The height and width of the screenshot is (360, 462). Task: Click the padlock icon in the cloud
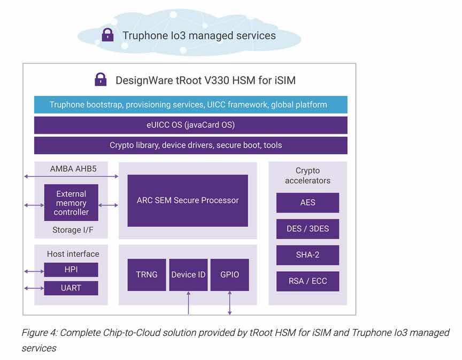point(107,35)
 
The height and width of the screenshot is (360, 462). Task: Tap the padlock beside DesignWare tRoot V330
point(101,79)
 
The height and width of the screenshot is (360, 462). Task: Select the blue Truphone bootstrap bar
point(191,105)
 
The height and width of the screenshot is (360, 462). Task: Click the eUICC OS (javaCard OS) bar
point(191,125)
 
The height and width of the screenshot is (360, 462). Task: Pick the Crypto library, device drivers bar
point(191,145)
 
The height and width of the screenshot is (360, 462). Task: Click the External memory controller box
point(71,203)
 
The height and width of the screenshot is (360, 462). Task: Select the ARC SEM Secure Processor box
point(188,201)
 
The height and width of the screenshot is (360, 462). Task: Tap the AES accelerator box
point(307,203)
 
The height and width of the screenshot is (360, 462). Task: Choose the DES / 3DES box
point(307,229)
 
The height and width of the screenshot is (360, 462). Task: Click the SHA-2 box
point(307,255)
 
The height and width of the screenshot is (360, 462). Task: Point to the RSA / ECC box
point(307,281)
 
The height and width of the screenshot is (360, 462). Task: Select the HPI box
point(71,270)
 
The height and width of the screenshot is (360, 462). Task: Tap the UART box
point(71,288)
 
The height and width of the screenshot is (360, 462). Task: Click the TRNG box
point(147,275)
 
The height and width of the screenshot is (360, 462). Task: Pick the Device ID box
point(188,275)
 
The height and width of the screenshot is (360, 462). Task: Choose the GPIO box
point(229,275)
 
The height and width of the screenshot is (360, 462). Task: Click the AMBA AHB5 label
point(73,168)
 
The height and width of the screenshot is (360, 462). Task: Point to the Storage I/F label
point(73,230)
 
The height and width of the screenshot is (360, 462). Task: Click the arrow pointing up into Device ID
point(188,303)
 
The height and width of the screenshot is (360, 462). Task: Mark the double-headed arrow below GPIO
point(229,303)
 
